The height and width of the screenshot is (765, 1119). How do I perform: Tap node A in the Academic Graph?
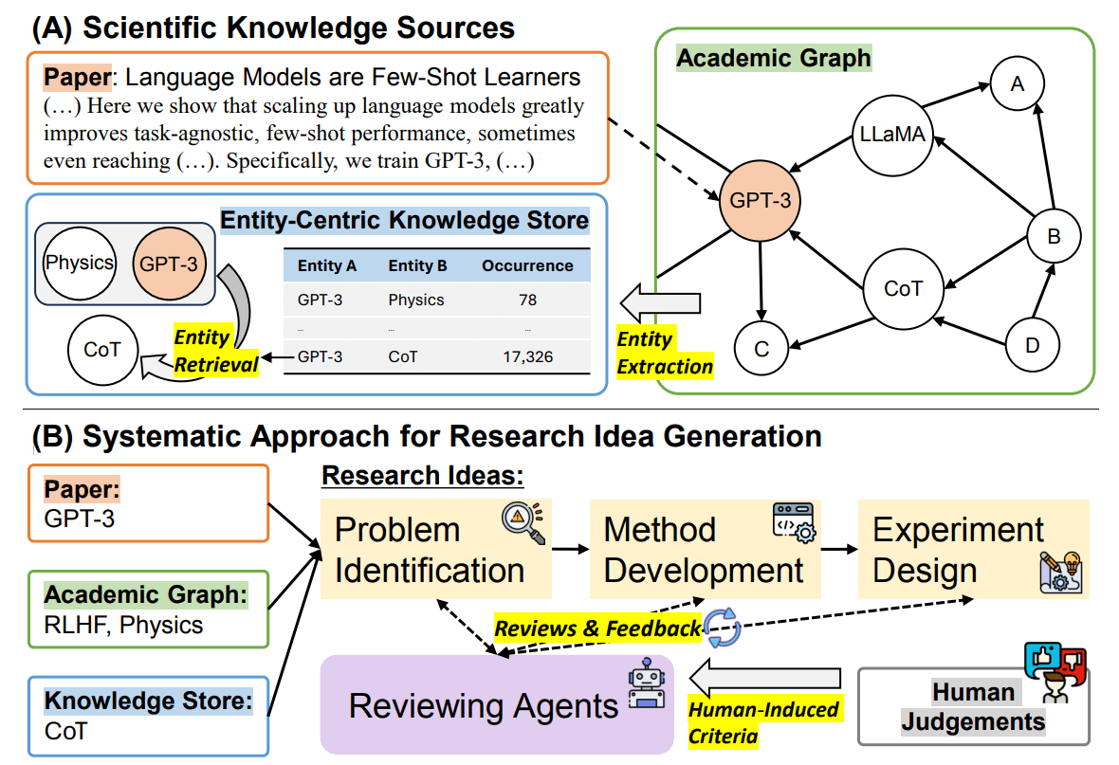coord(1018,84)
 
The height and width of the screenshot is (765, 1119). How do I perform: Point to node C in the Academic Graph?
coord(761,348)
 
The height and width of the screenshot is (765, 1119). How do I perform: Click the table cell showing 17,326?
coord(528,357)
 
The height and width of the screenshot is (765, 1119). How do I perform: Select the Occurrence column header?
coord(527,265)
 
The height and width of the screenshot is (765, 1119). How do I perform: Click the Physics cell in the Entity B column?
coord(416,300)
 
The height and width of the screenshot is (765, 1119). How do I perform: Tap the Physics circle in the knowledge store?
coord(79,263)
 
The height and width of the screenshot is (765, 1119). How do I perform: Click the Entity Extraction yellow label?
coord(665,352)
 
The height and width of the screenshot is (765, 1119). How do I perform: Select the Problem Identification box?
coord(434,550)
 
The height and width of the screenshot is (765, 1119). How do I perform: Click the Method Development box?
coord(703,550)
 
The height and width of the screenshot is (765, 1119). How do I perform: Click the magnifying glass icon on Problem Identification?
coord(523,523)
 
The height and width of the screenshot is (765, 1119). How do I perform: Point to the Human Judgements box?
coord(973,707)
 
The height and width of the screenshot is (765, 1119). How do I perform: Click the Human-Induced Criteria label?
coord(763,721)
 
